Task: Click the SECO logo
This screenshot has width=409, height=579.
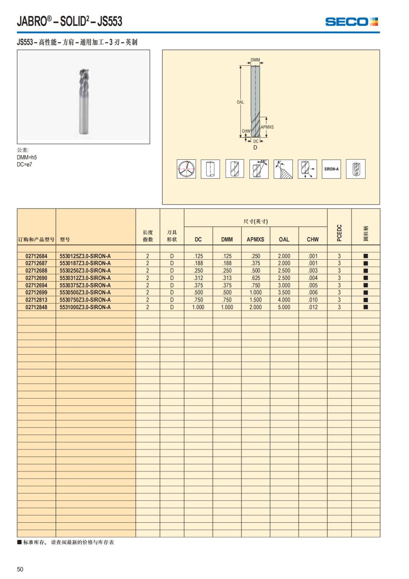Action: tap(351, 22)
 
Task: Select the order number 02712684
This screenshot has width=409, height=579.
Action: tap(36, 256)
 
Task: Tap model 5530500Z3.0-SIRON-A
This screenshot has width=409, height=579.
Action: tap(85, 292)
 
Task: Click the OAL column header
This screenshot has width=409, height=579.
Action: tap(284, 240)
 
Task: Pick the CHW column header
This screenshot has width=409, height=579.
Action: tap(313, 240)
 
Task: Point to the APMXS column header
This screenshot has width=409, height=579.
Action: tap(255, 240)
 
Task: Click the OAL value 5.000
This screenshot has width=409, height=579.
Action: tap(284, 307)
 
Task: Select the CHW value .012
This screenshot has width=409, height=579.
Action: tap(313, 307)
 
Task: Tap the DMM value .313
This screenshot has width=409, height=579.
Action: tap(227, 278)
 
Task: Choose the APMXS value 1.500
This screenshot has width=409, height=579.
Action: tap(255, 300)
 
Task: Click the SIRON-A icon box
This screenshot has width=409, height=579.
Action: tap(331, 169)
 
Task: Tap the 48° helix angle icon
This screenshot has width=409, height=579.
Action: tap(259, 169)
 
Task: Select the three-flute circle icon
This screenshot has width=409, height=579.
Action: tap(186, 169)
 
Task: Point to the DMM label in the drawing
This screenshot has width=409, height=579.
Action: tap(255, 60)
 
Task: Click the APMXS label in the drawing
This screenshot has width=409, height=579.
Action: tap(267, 127)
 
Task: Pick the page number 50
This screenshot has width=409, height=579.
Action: tap(20, 569)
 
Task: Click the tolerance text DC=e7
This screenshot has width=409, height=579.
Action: tap(25, 164)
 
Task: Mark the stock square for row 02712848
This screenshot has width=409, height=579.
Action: tap(366, 307)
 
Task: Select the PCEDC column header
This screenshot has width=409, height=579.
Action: tap(339, 233)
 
